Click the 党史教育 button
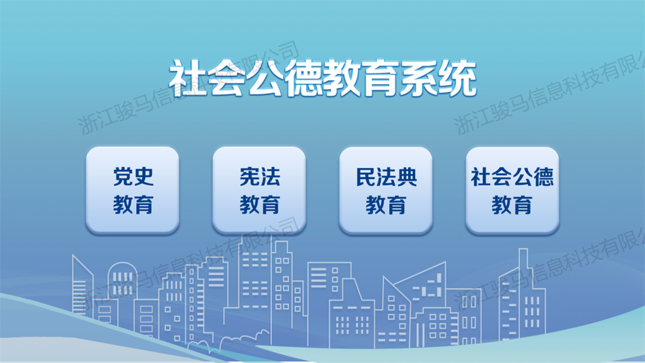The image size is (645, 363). point(132,190)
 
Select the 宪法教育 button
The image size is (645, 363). point(259,190)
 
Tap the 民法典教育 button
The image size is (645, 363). point(386,190)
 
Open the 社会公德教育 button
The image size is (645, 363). point(513,190)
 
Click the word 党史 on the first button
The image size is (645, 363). point(134,177)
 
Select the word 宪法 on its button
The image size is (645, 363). point(260,177)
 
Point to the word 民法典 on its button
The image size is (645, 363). point(386,177)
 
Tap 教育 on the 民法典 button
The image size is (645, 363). point(386,205)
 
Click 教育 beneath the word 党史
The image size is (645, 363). point(134,205)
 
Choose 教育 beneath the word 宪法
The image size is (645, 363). point(260,205)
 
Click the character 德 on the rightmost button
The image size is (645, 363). point(544,177)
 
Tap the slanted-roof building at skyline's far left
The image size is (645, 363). point(83,288)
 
